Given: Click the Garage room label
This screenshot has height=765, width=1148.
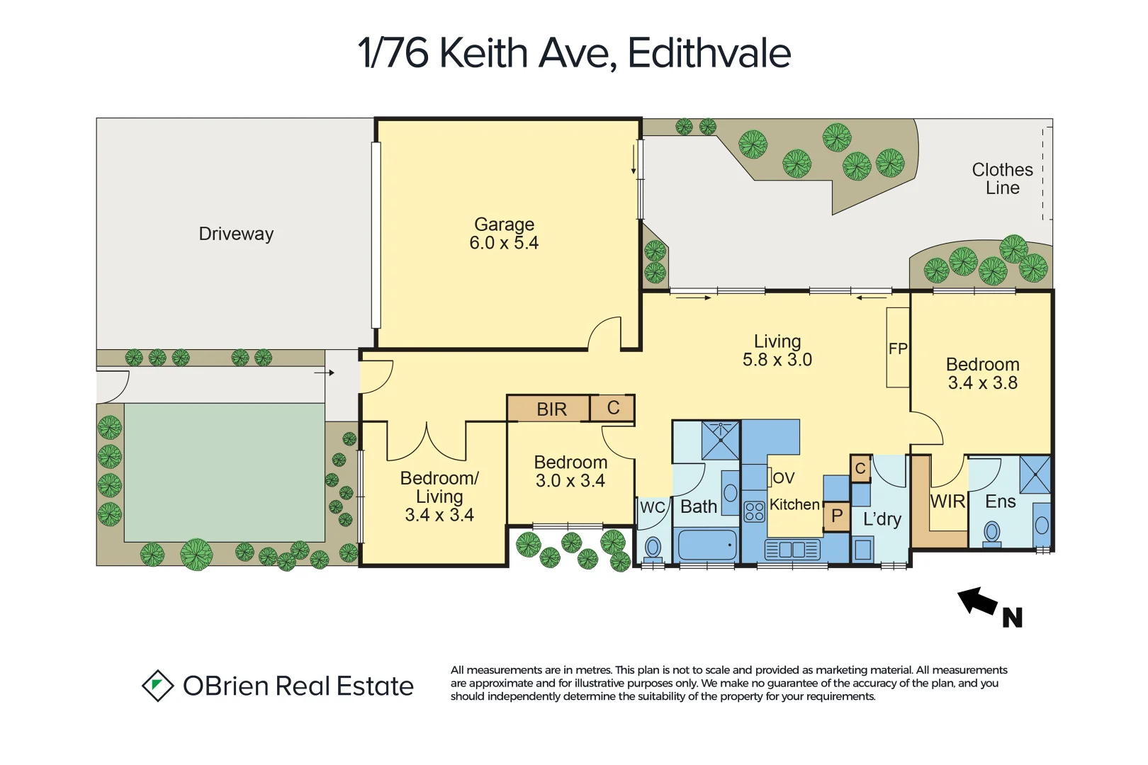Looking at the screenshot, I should tap(504, 225).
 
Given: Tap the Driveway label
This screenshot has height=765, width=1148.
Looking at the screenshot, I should tap(236, 234).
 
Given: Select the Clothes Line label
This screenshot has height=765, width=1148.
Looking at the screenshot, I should tap(1002, 178).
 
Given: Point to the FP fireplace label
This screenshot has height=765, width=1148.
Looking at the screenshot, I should tap(898, 348).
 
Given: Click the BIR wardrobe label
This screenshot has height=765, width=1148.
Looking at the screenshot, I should tap(551, 409).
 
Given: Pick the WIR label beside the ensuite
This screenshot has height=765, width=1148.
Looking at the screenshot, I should tap(947, 501).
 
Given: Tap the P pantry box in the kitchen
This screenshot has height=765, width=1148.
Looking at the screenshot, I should tap(837, 516).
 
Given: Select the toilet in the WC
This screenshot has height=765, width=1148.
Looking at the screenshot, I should tap(653, 548).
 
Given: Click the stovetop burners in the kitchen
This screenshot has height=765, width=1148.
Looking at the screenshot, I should tap(755, 511).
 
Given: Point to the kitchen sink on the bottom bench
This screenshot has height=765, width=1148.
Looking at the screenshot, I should tap(792, 550).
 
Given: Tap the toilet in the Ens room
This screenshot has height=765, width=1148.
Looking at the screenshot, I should tap(992, 533).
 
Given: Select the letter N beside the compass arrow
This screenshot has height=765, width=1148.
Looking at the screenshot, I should tap(1013, 618).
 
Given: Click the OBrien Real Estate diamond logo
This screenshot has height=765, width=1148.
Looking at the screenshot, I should tap(157, 686).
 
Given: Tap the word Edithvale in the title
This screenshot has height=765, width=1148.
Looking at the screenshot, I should tap(709, 53).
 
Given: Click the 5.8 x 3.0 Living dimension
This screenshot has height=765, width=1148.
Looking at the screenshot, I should tap(777, 360).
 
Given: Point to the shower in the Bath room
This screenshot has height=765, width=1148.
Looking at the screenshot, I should tap(720, 440).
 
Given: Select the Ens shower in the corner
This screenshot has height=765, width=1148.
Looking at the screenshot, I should tap(1035, 475).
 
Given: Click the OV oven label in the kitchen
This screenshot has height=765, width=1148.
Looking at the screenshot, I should tap(783, 478).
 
